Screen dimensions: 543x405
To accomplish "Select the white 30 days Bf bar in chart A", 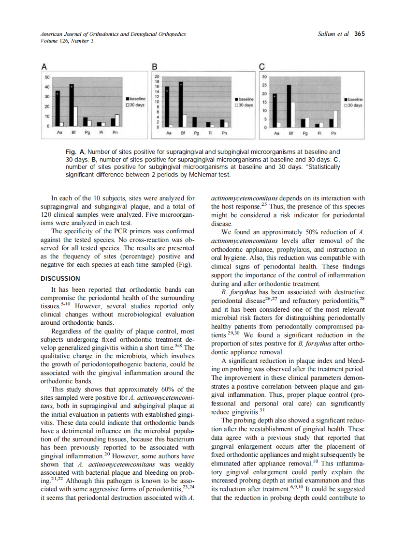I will point(75,116).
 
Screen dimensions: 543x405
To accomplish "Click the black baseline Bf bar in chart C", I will point(289,106).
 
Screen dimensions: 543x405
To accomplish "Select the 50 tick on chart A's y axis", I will point(46,77).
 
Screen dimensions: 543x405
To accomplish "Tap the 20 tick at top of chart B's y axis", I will point(157,76).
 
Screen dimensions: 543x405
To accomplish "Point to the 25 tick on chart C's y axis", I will point(264,85).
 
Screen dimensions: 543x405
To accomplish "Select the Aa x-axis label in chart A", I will point(59,132).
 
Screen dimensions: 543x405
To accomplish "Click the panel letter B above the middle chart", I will point(155,66).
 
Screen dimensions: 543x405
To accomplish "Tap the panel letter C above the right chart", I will point(262,66).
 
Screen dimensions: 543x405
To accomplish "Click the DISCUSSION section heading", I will point(60,278).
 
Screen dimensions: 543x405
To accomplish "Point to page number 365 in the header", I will point(359,34).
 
